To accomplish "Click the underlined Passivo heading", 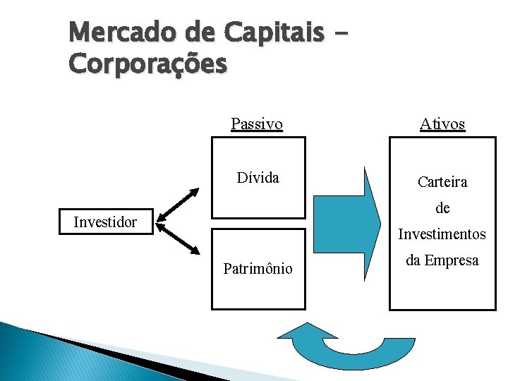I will coord(257,125).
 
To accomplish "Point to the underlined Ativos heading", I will coord(442,125).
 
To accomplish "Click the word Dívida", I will coord(258,178).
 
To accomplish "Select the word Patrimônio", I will coord(258,268).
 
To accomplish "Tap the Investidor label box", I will coord(106,223).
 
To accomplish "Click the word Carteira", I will coord(442,182).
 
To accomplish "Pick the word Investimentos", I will coord(442,234).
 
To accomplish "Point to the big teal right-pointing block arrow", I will coord(345,223).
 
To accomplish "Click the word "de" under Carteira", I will coord(442,209).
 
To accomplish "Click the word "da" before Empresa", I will coord(415,260).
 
